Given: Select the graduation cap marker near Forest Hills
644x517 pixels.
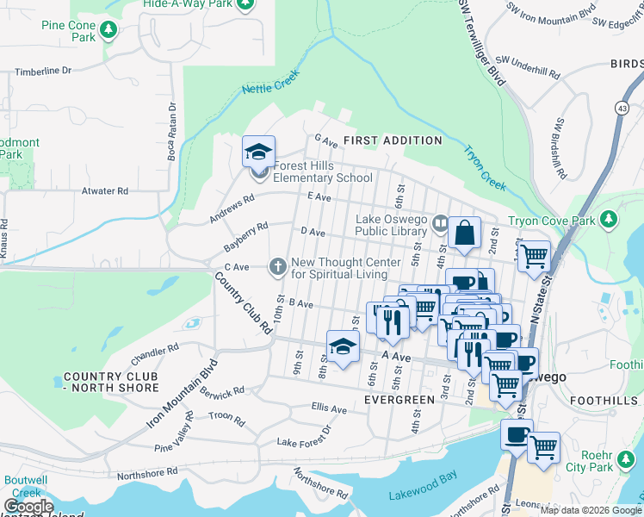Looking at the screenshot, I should point(258,153).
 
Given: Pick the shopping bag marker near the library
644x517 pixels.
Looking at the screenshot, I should point(464,233).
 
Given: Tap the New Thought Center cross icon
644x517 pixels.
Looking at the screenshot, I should point(277,267).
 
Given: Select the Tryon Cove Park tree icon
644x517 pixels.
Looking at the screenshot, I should point(609,220).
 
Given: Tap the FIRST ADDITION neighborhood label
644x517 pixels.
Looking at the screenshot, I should point(393,140).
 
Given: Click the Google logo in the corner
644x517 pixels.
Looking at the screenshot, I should point(28,507).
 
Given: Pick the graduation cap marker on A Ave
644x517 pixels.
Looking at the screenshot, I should point(343,347).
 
